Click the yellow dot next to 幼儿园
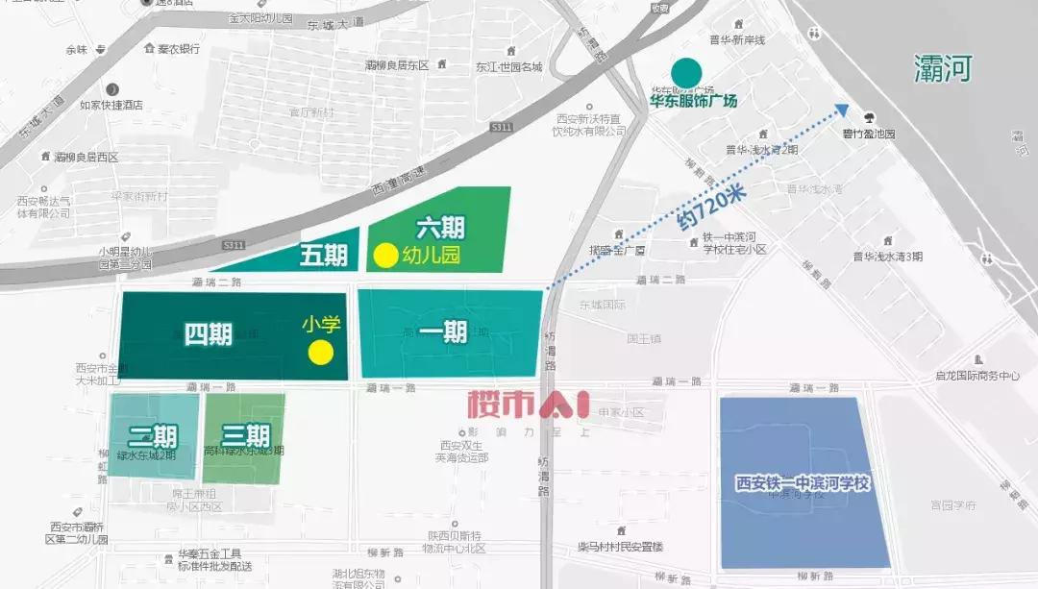click(384, 256)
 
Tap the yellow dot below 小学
click(320, 353)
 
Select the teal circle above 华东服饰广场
click(685, 71)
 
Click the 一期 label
click(443, 332)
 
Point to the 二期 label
click(153, 436)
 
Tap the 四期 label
click(208, 334)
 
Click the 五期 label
click(323, 256)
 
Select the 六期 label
click(440, 228)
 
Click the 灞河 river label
click(943, 68)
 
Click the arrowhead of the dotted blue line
click(842, 110)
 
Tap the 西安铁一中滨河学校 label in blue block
click(803, 483)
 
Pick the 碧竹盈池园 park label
click(869, 135)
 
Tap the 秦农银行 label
click(177, 48)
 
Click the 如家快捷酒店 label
click(111, 105)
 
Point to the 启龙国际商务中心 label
click(976, 376)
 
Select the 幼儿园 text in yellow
click(432, 256)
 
